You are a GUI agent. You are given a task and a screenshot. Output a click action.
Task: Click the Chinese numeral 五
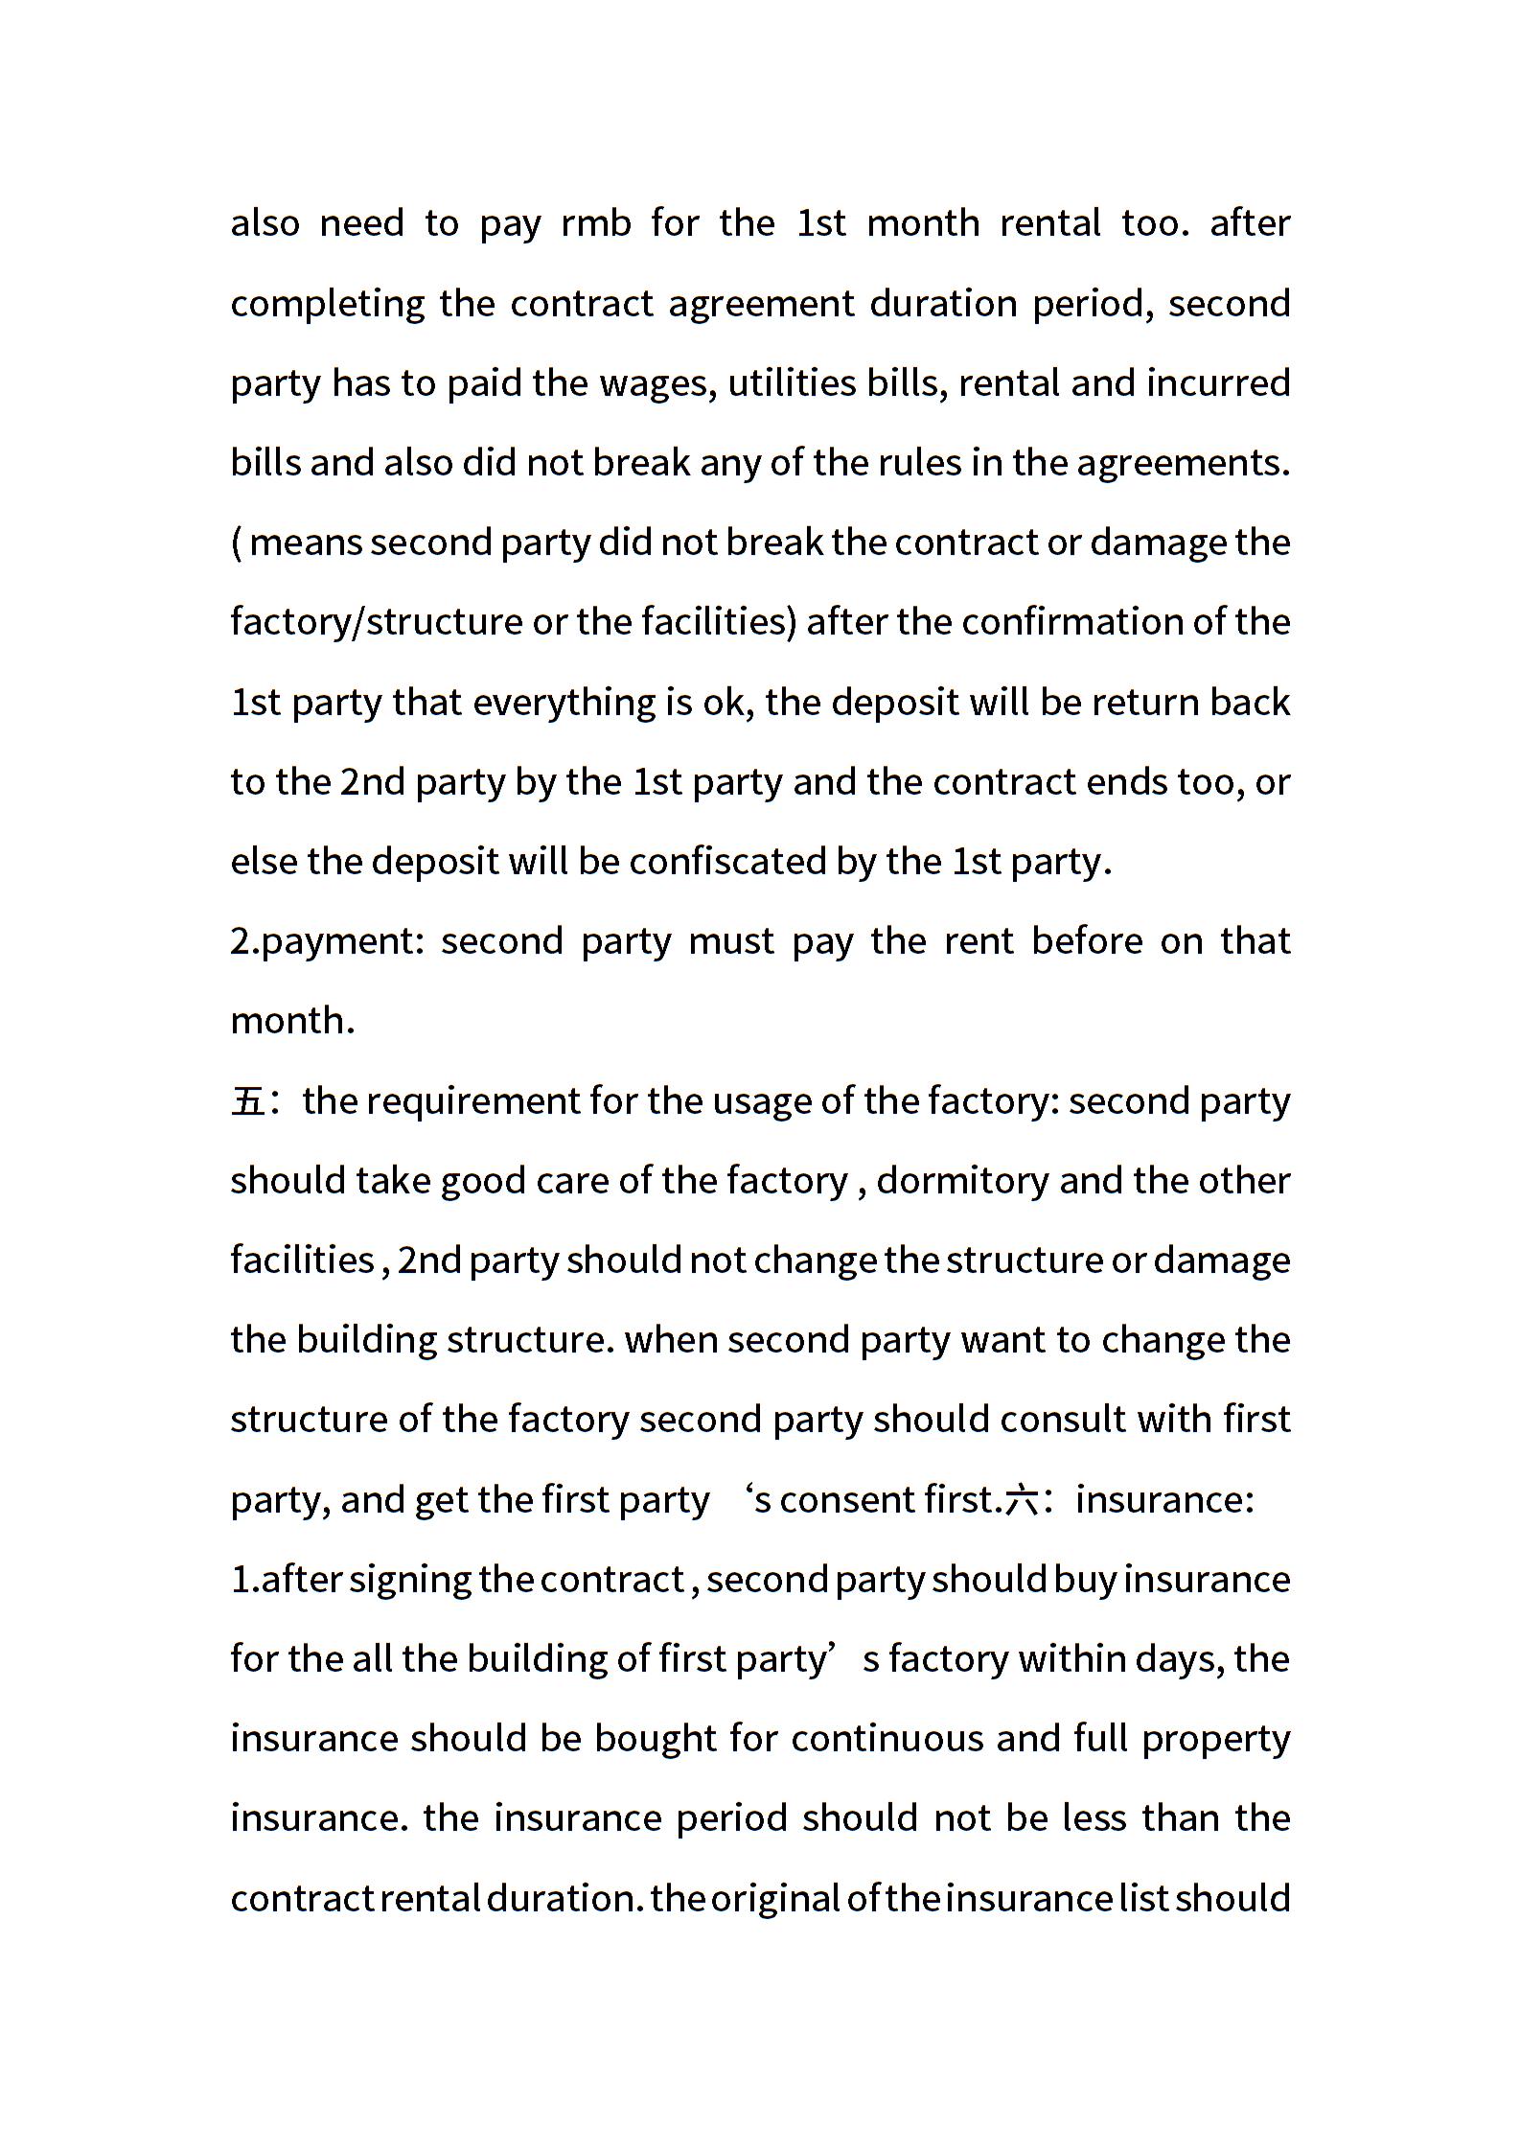tap(247, 1101)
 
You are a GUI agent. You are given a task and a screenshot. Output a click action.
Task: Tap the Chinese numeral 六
tap(1021, 1500)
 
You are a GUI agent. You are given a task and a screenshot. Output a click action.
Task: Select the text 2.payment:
tap(327, 941)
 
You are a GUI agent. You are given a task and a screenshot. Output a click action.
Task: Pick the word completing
tap(328, 304)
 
